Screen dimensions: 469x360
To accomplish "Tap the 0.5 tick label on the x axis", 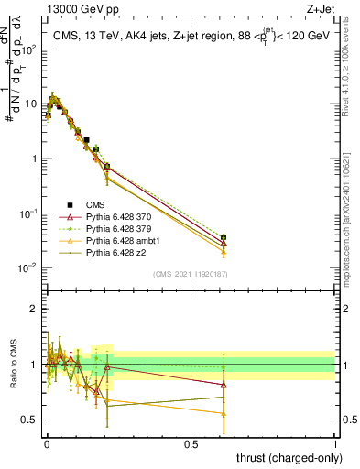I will click(x=191, y=443).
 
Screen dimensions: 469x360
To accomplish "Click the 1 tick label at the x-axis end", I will click(x=336, y=443).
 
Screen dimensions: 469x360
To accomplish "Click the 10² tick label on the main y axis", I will click(x=28, y=49).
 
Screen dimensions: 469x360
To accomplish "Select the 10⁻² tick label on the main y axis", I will click(x=28, y=267).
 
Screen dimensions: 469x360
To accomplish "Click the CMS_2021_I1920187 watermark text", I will click(x=190, y=274).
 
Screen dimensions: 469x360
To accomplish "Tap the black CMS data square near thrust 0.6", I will click(x=224, y=237).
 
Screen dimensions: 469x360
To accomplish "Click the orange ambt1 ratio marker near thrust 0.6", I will click(x=224, y=414).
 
